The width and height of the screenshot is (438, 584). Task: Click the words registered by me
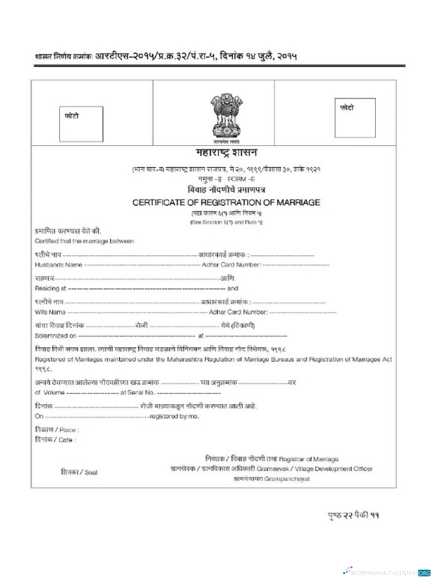pyautogui.click(x=175, y=415)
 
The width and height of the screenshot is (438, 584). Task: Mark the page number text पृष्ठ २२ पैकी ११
pyautogui.click(x=355, y=516)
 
